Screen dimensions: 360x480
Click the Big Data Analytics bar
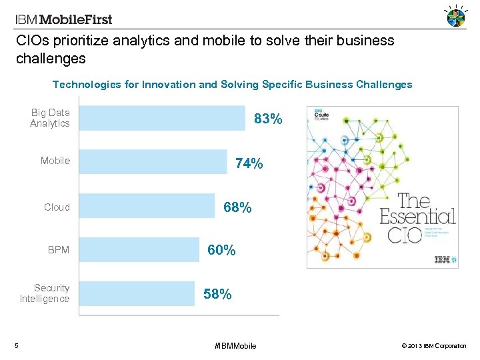(x=162, y=118)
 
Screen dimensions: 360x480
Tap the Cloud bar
(x=147, y=206)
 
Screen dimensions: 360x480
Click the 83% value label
(x=268, y=120)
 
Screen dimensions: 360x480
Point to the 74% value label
(x=249, y=164)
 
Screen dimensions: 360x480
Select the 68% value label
(x=237, y=208)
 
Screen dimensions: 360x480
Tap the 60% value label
(x=221, y=251)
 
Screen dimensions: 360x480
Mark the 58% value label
(x=217, y=294)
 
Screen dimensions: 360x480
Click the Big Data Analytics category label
(x=50, y=118)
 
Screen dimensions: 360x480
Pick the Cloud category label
(x=57, y=207)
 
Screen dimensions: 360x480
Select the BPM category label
(x=59, y=251)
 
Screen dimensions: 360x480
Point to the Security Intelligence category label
(x=45, y=293)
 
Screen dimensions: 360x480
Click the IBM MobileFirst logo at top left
(x=64, y=19)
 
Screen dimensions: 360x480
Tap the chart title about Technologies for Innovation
(x=232, y=85)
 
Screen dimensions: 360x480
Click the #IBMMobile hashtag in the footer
(x=235, y=345)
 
